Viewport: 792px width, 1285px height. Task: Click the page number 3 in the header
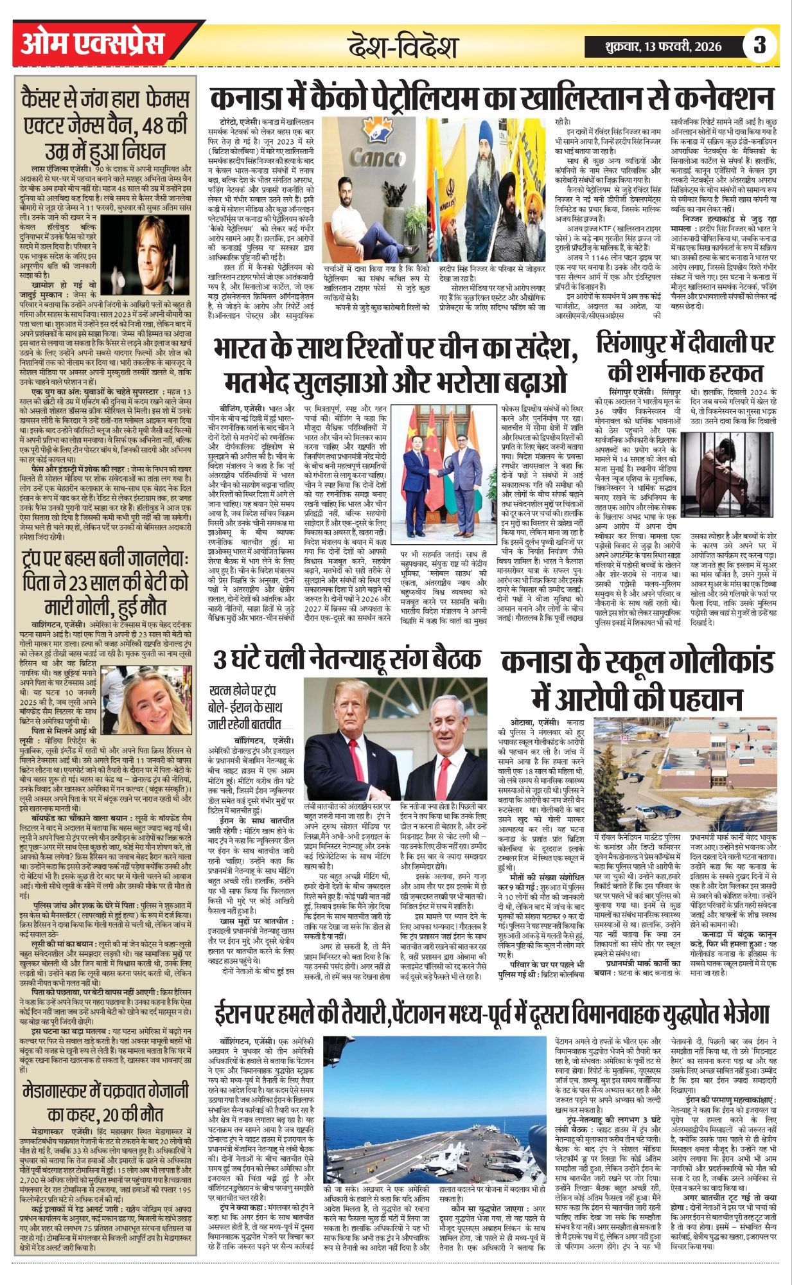point(761,45)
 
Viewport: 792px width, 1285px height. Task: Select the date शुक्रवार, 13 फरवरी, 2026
point(662,46)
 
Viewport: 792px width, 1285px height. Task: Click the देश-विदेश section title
point(403,47)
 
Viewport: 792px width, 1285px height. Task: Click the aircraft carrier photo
point(436,1123)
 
